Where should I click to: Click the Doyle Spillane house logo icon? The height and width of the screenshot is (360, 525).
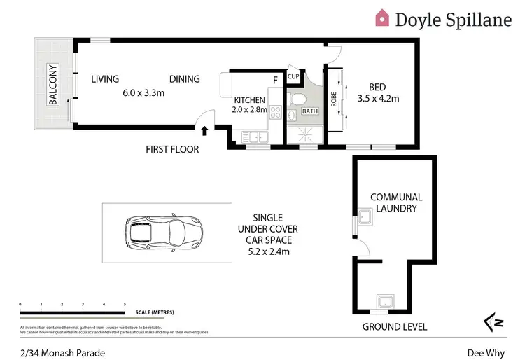tap(383, 18)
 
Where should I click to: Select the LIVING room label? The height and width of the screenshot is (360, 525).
tap(105, 79)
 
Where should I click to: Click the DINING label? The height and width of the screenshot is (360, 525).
tap(184, 79)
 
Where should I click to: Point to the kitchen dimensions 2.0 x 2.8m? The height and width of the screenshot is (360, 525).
tap(250, 110)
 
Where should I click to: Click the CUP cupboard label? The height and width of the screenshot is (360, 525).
tap(293, 76)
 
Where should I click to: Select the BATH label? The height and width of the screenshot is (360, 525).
tap(309, 111)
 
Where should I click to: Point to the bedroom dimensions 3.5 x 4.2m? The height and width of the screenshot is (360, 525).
tap(378, 99)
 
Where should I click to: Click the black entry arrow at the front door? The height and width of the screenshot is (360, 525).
tap(204, 130)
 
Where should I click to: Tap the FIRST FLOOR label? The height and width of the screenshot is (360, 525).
tap(172, 149)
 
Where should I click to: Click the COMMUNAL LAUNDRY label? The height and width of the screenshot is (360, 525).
tap(396, 202)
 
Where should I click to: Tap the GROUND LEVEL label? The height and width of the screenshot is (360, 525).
tap(394, 327)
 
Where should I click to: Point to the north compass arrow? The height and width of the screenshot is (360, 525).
tap(492, 321)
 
